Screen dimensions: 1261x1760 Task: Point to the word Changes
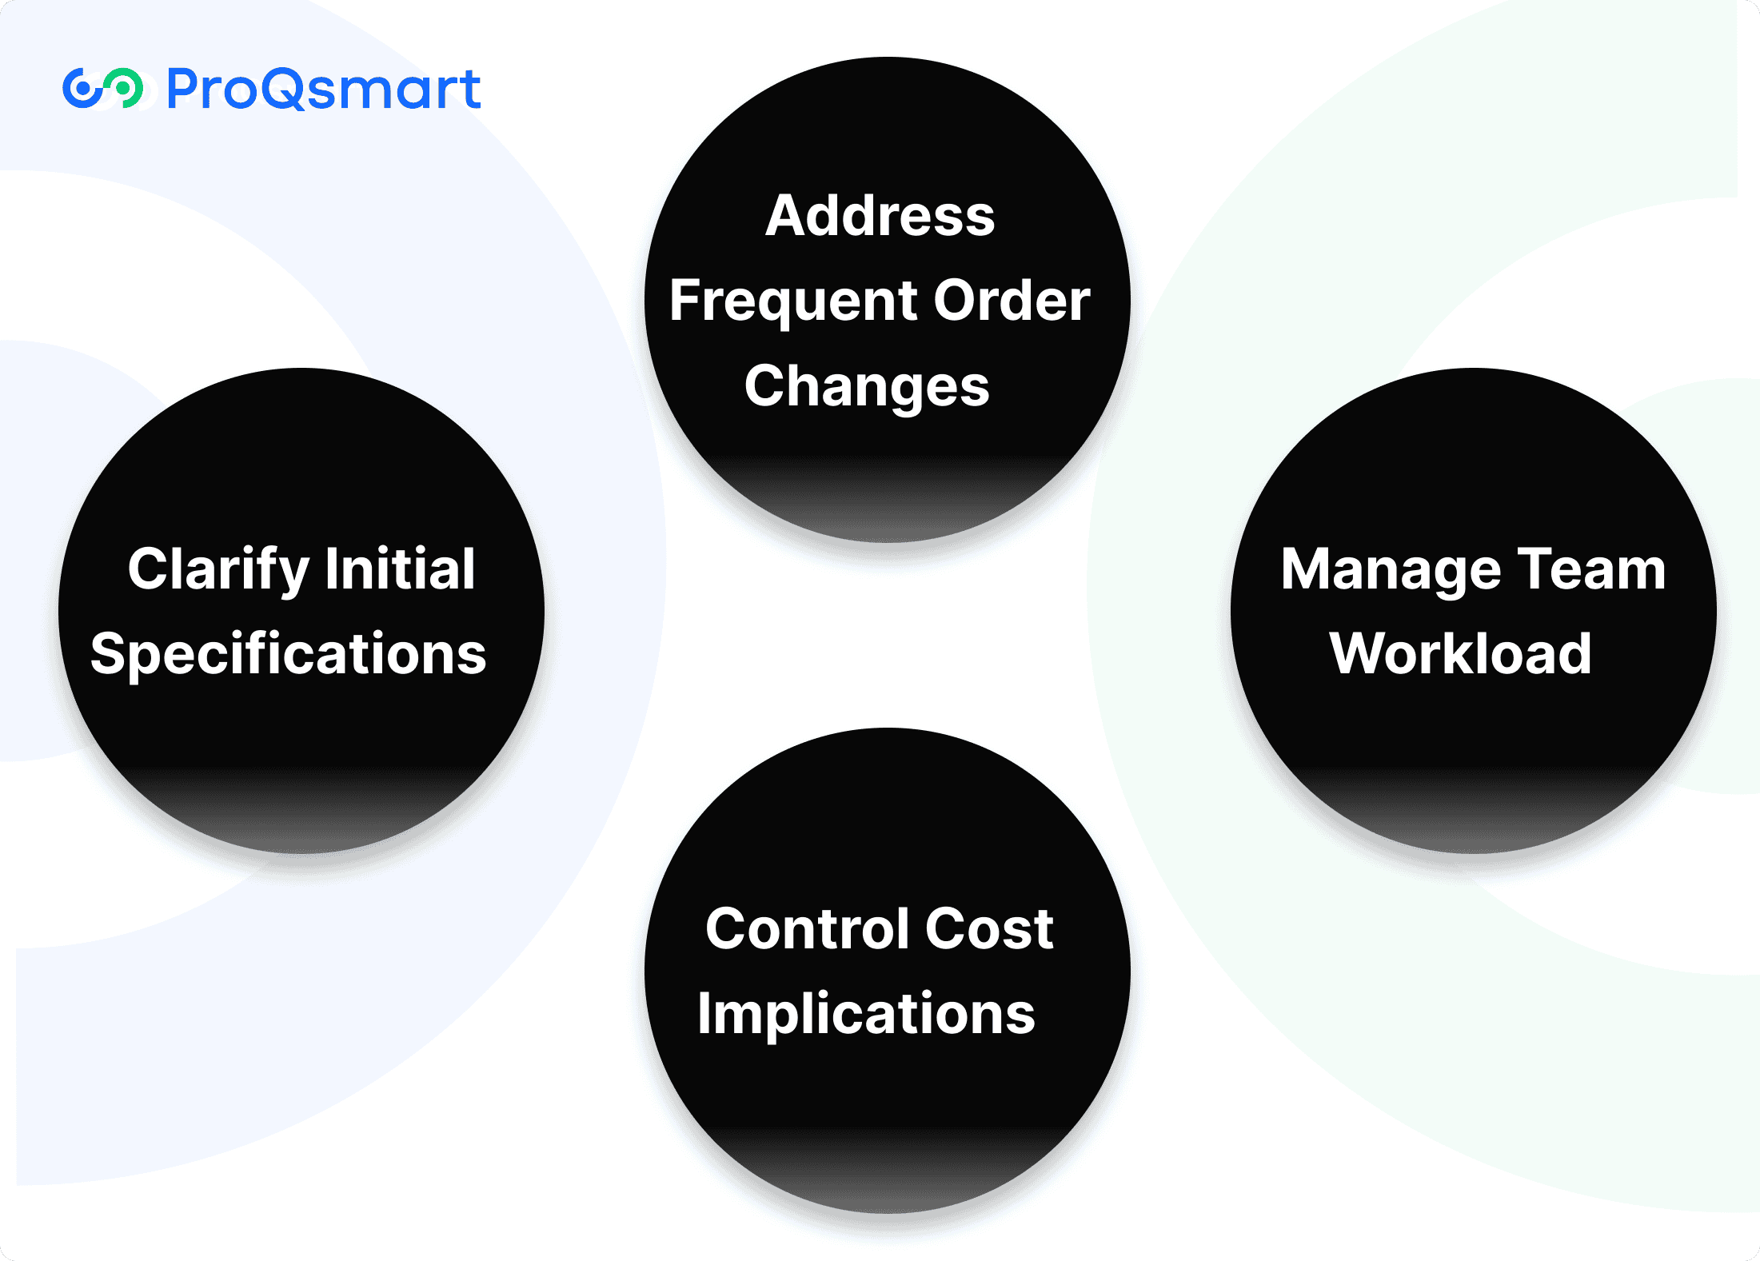(867, 387)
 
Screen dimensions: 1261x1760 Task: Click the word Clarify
(218, 569)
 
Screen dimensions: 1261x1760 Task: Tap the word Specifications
(288, 654)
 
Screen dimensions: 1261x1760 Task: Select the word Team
(1591, 569)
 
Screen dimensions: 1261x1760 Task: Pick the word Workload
(1460, 654)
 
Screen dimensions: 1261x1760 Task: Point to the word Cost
(989, 929)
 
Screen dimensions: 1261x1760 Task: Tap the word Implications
(866, 1014)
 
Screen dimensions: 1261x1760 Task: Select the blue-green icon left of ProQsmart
(102, 88)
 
